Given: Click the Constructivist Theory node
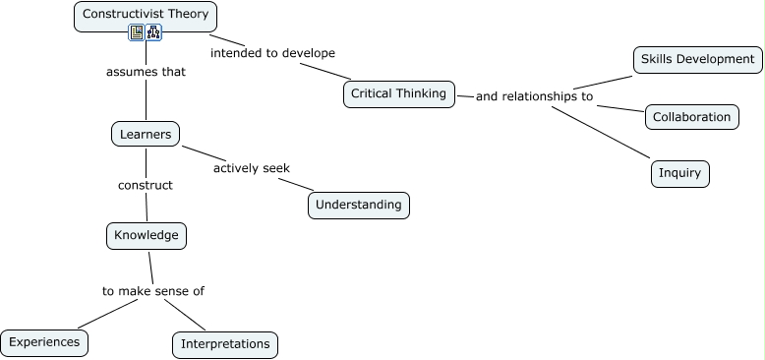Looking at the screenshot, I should tap(146, 15).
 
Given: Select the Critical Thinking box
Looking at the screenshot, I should tap(398, 94).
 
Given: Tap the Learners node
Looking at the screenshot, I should tap(146, 134).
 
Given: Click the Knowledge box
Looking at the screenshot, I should tap(146, 236).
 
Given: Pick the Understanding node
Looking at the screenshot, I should tap(358, 205).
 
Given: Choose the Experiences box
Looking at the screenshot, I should tap(44, 342).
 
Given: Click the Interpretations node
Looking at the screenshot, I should tap(225, 344).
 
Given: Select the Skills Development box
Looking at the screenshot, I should tap(697, 60).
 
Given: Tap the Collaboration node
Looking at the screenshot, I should tap(692, 117).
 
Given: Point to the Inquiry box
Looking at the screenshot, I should tap(679, 174).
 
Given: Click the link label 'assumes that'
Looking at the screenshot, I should tap(146, 72).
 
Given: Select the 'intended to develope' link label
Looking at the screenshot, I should tap(272, 52).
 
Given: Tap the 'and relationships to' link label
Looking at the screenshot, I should tap(534, 96).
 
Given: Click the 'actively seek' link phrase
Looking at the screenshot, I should tap(252, 168).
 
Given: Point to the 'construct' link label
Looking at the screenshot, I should tap(146, 185).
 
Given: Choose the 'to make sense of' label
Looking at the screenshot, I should tap(153, 291).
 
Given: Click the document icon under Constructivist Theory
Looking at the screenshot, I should tap(137, 33).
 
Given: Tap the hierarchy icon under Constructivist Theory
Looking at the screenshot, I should tap(153, 33).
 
